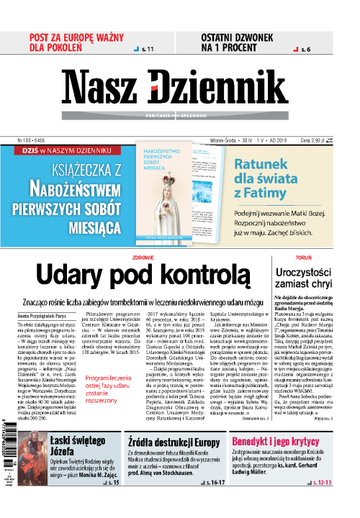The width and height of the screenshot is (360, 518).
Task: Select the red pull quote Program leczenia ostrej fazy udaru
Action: [106, 392]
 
